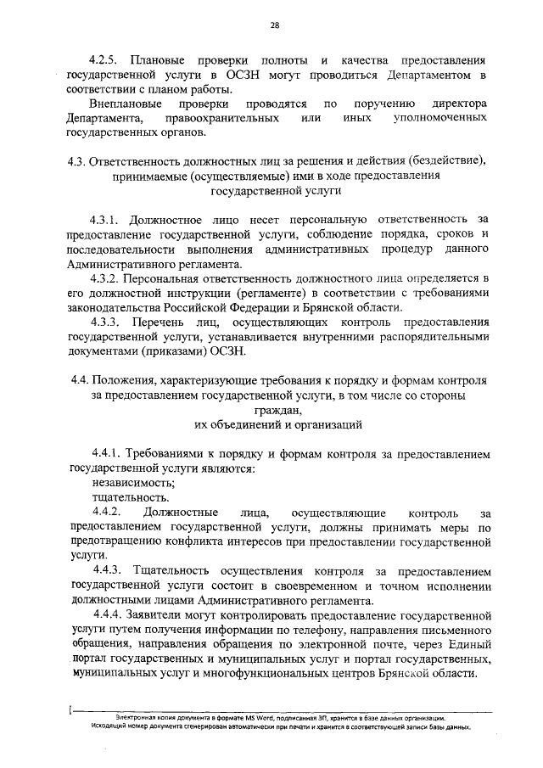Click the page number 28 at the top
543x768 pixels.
[275, 26]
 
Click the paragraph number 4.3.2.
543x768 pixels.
[108, 278]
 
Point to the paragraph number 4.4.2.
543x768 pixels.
[108, 513]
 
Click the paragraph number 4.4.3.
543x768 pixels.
[108, 570]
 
